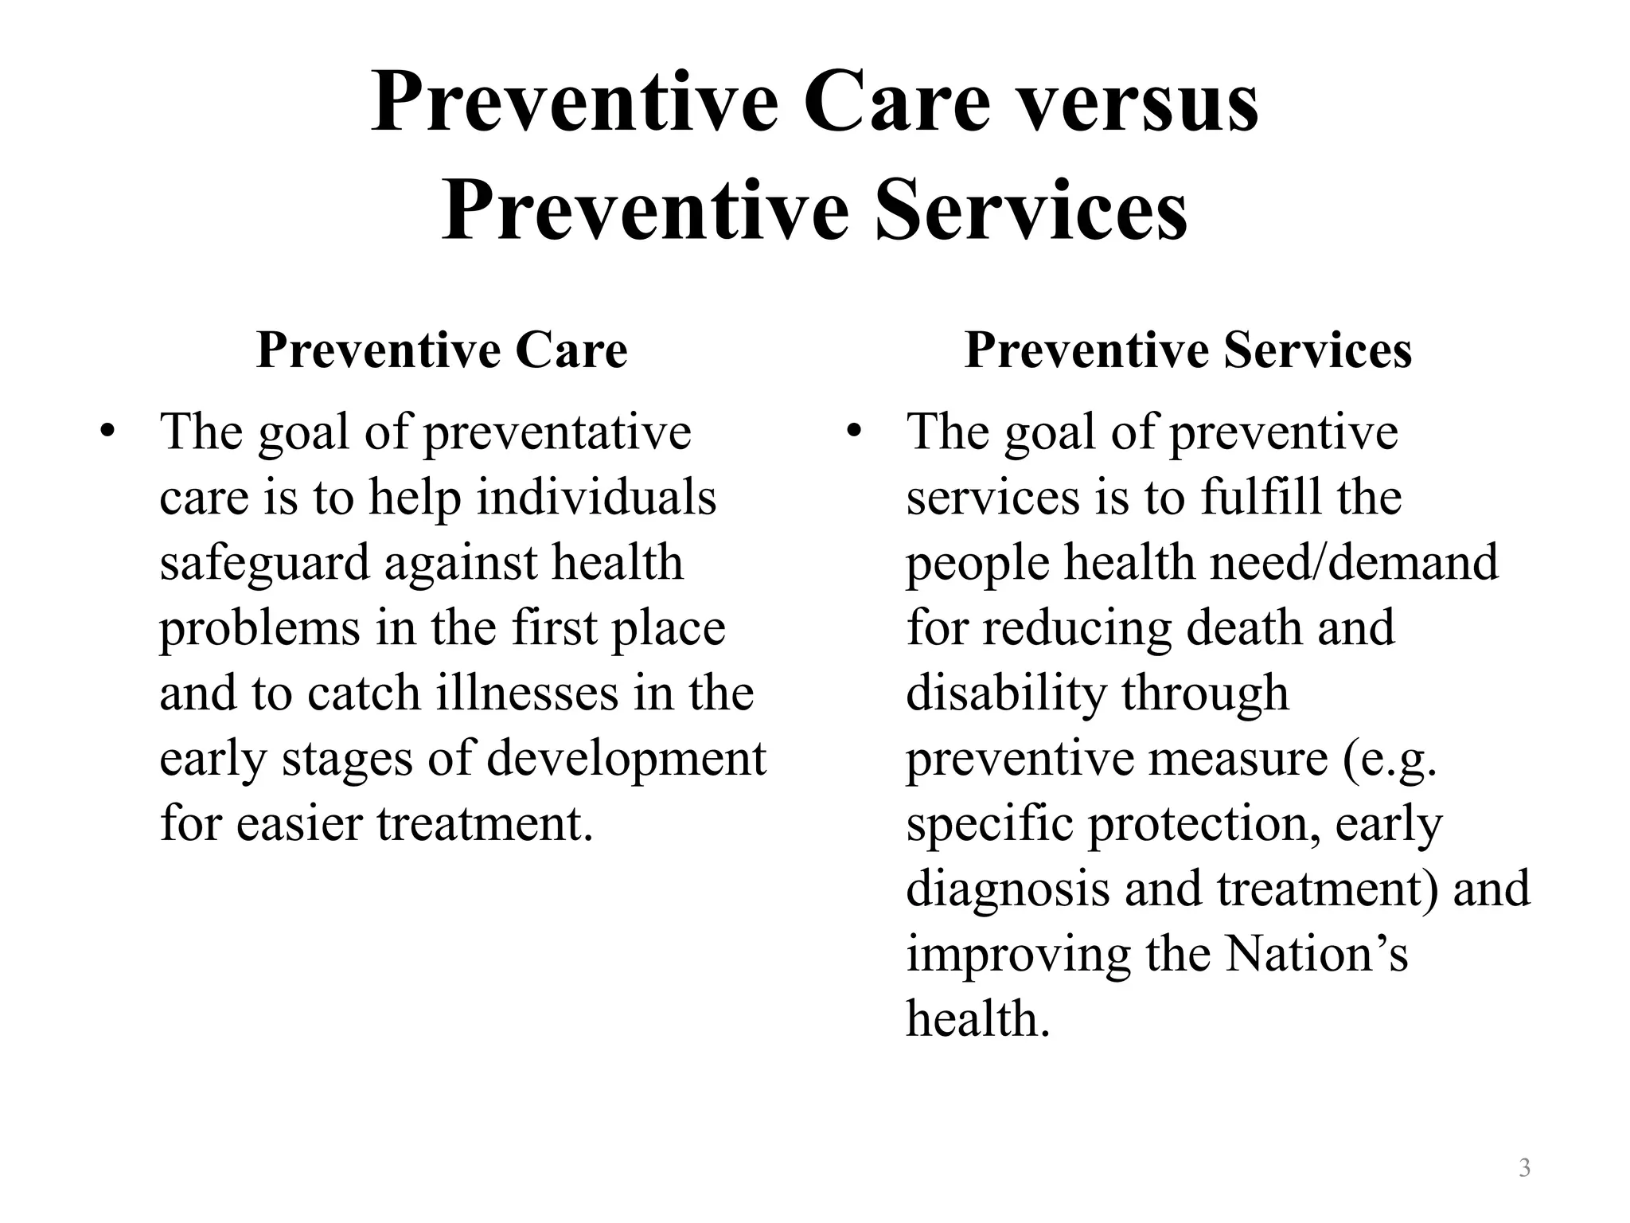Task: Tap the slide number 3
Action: point(1524,1169)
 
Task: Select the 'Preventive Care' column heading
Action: point(442,350)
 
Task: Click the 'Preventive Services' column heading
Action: point(1187,350)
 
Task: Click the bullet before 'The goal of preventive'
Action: point(854,432)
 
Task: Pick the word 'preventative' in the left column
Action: point(556,434)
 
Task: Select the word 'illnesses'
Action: point(528,693)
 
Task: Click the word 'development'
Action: point(626,758)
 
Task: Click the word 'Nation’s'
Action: point(1316,954)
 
